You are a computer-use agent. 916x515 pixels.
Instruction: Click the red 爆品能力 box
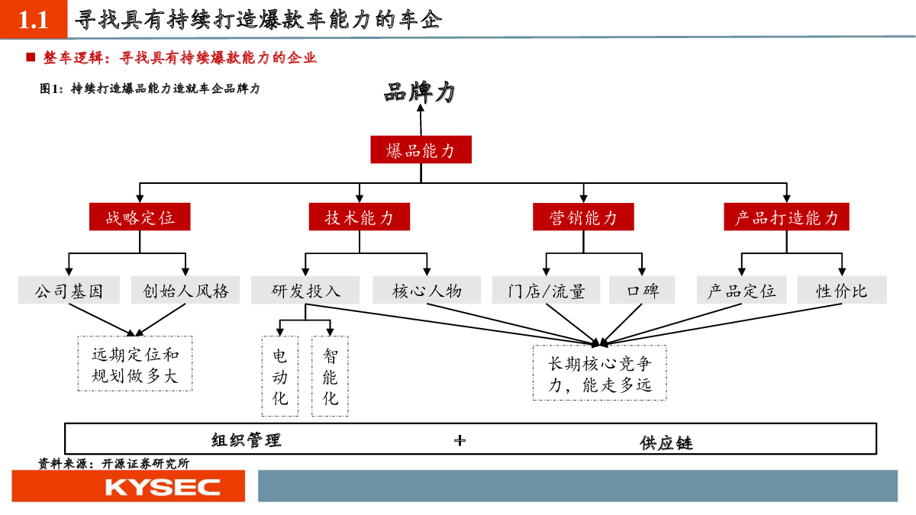[421, 150]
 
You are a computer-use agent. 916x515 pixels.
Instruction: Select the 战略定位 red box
[140, 217]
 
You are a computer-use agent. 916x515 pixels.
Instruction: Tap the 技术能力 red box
[360, 217]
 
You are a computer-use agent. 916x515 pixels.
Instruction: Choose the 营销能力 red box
[583, 217]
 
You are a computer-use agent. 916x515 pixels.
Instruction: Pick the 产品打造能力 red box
[786, 217]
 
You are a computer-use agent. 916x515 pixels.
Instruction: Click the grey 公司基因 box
[69, 290]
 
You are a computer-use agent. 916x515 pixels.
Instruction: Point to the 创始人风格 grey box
[185, 290]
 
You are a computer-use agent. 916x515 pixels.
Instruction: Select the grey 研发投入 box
[305, 290]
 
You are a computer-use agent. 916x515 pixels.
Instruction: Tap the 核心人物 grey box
[427, 290]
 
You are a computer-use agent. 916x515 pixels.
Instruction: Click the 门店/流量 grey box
[546, 290]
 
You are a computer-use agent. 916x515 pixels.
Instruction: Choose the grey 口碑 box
[642, 290]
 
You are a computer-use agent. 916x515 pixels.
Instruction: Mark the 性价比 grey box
[841, 290]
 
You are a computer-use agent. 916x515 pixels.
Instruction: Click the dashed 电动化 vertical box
[280, 376]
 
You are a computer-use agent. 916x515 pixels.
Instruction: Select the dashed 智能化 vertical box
[330, 376]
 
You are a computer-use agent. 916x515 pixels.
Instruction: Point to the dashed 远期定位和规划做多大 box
[135, 364]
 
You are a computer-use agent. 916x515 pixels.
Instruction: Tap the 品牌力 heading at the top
[420, 92]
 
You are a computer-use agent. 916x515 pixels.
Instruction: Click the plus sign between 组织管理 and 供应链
[460, 440]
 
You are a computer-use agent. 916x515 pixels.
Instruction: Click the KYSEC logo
[163, 487]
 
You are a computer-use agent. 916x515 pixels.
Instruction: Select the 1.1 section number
[34, 19]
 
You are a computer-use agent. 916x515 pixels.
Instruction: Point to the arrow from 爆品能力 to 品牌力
[421, 120]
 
